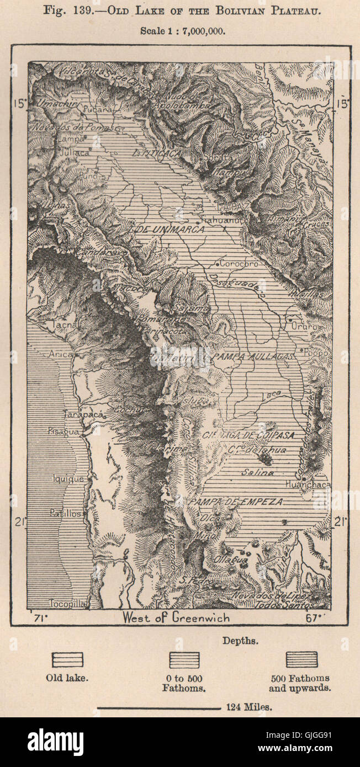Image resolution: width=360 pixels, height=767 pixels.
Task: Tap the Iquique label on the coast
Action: [68, 478]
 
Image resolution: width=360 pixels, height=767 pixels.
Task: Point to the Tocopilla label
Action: [67, 603]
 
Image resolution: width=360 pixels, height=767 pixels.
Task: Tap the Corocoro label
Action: [238, 264]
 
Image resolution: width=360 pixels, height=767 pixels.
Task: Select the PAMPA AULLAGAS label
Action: [253, 357]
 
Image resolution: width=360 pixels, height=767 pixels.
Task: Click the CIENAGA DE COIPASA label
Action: [239, 435]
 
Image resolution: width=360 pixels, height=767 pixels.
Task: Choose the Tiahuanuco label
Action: [221, 220]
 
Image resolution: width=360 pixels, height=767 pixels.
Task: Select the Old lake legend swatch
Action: [67, 659]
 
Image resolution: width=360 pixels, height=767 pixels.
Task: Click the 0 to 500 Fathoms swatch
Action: [184, 660]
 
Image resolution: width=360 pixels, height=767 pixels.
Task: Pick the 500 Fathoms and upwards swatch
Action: [301, 659]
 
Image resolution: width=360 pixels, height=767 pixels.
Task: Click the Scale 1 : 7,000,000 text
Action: [182, 31]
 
